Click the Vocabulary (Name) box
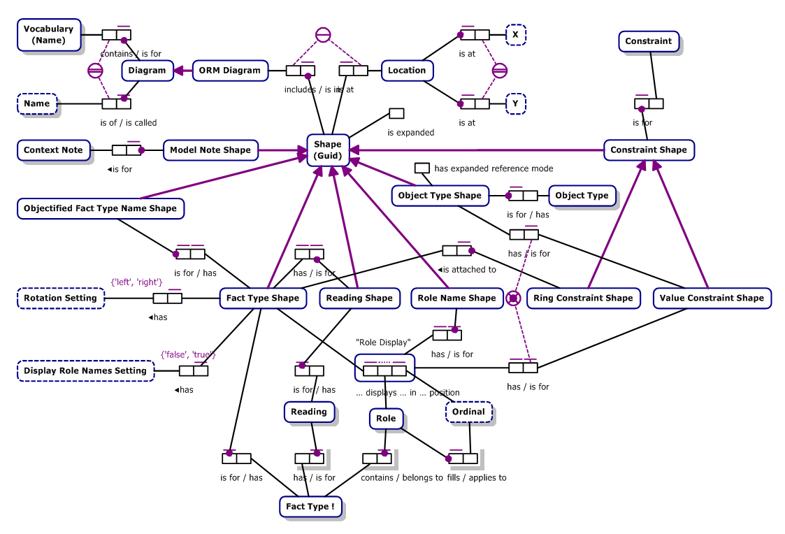pos(48,34)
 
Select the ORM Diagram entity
pos(229,70)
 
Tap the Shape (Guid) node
pos(328,150)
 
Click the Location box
pos(407,70)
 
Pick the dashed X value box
pos(515,34)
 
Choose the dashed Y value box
pos(515,103)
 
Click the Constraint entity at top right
pos(648,41)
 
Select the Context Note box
pos(53,150)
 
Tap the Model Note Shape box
pos(210,150)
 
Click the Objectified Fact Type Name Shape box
pos(100,208)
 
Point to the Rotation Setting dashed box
pos(61,298)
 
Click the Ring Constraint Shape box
pos(582,298)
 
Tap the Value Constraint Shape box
pos(712,298)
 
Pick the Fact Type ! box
pos(310,506)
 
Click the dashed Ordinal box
pos(468,412)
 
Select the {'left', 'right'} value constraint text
pos(136,282)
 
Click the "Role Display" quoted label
pos(383,342)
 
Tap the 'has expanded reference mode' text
pos(494,168)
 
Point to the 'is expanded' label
pos(411,132)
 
